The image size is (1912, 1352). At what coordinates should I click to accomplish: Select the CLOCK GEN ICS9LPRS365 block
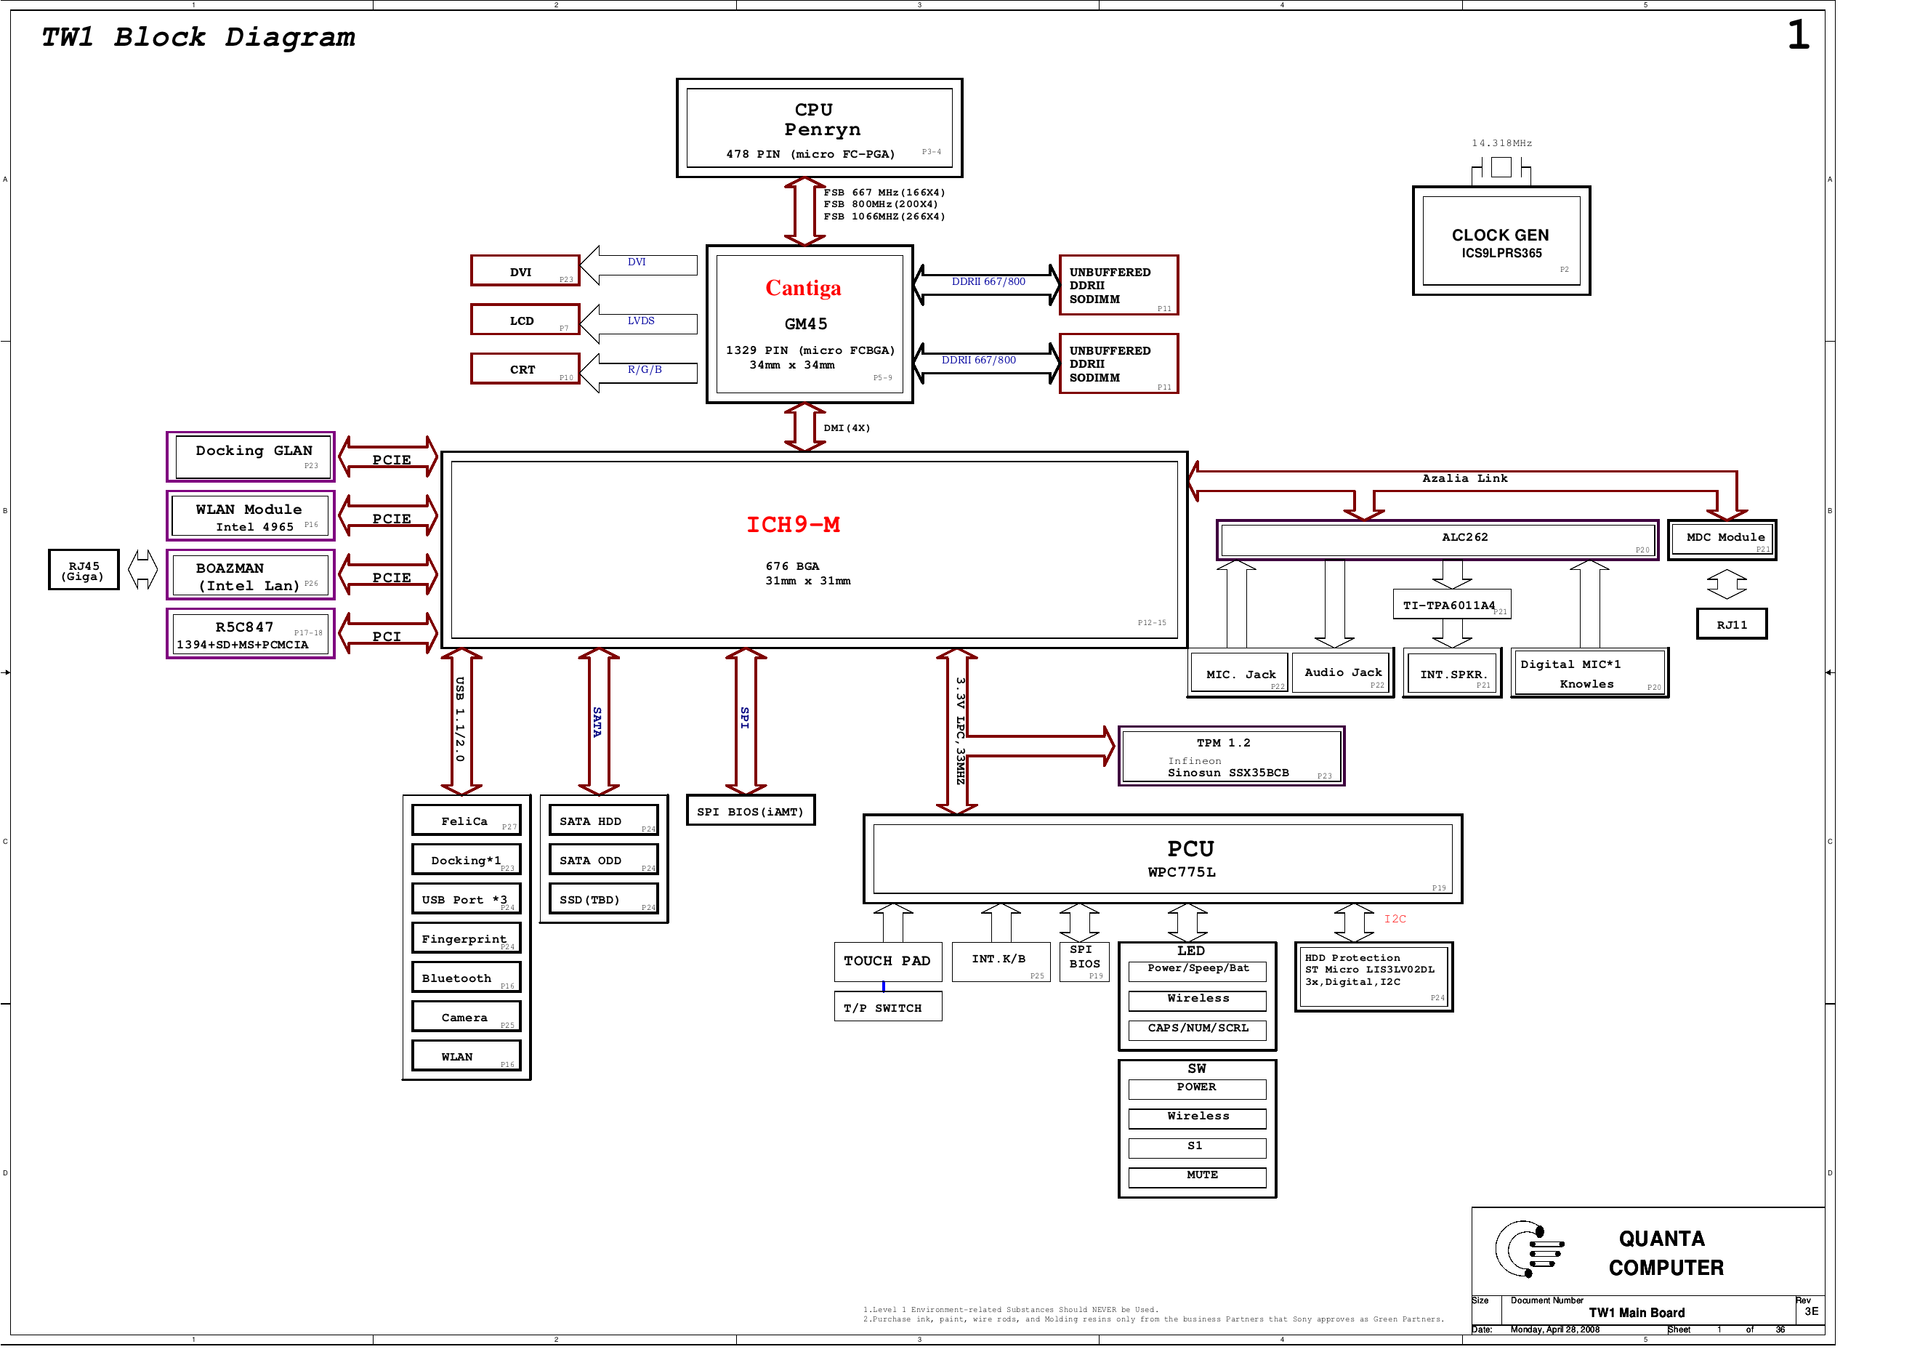point(1501,241)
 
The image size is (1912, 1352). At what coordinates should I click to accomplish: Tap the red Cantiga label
point(803,289)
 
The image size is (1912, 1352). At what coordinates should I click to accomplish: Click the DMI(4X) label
point(846,428)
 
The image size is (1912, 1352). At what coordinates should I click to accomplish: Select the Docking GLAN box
point(251,456)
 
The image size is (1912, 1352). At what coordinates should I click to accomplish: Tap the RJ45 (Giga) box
point(84,571)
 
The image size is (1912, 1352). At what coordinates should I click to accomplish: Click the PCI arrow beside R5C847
point(387,635)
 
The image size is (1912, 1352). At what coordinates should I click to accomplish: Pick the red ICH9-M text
point(793,525)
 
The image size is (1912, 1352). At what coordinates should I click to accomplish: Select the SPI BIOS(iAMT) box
point(750,810)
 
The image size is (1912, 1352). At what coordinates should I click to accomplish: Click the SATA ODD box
point(603,861)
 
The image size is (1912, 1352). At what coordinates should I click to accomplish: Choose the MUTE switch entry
point(1197,1176)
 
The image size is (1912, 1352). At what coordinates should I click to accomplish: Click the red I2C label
point(1395,919)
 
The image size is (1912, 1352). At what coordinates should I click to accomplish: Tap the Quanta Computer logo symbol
point(1528,1249)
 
